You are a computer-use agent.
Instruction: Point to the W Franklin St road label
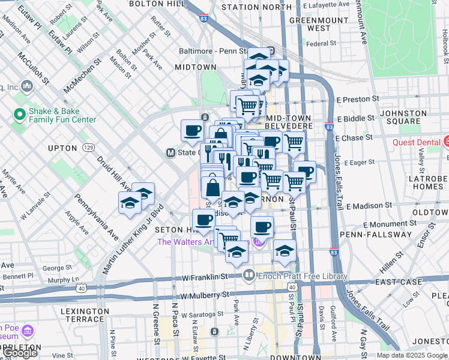click(206, 277)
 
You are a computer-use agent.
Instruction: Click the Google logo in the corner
click(20, 353)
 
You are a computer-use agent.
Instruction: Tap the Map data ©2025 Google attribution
click(412, 355)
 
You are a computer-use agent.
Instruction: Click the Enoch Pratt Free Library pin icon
click(249, 276)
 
